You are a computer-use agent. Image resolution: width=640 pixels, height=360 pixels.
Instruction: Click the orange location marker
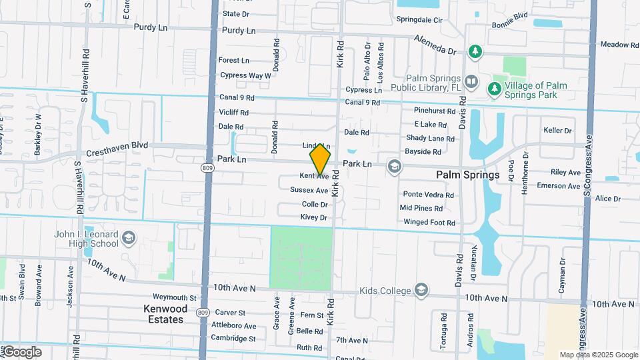pos(320,159)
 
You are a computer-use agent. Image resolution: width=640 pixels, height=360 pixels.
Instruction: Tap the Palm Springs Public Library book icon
pos(471,82)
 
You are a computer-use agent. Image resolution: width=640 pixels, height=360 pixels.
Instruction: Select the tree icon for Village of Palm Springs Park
pos(494,88)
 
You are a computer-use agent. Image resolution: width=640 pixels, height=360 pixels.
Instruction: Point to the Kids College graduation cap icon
pos(421,290)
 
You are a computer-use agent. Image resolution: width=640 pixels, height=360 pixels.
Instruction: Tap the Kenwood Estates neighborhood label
pos(165,314)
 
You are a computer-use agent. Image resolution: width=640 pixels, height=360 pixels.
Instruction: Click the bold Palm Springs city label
pos(467,175)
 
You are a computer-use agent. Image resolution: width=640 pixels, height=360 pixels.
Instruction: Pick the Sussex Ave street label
pos(309,190)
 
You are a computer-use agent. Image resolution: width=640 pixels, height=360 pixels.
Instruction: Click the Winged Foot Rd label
pos(429,222)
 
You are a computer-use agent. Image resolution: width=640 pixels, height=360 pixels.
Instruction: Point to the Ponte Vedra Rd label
pos(428,195)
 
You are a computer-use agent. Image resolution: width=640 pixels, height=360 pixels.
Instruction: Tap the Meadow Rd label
pos(619,45)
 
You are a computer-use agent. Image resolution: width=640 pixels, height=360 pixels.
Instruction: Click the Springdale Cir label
pos(420,21)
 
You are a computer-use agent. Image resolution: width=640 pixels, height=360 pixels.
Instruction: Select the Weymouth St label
pos(175,297)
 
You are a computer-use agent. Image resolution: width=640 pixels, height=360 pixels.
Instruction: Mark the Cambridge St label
pos(233,338)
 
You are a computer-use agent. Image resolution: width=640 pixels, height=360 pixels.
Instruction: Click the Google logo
pos(22,351)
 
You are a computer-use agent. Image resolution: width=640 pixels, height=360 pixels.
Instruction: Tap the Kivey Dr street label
pos(314,217)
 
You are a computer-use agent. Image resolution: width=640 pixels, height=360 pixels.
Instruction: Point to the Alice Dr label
pos(607,199)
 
